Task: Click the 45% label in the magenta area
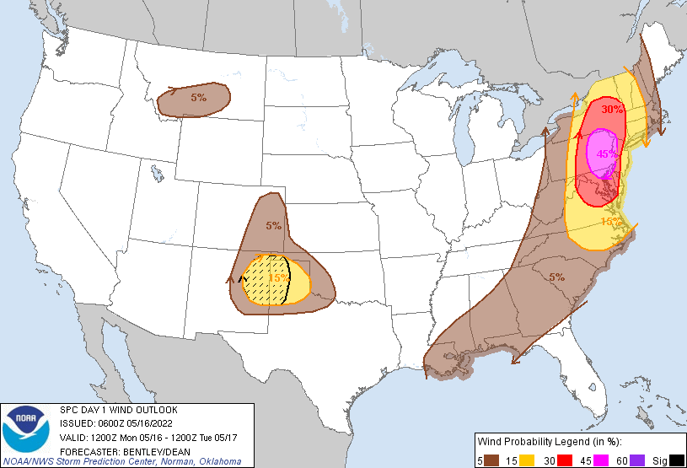(607, 154)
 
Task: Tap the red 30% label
(613, 109)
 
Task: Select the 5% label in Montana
(198, 98)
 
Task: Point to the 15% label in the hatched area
(278, 278)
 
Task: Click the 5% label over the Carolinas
(556, 277)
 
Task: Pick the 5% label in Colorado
(273, 225)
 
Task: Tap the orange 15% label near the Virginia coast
(610, 222)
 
